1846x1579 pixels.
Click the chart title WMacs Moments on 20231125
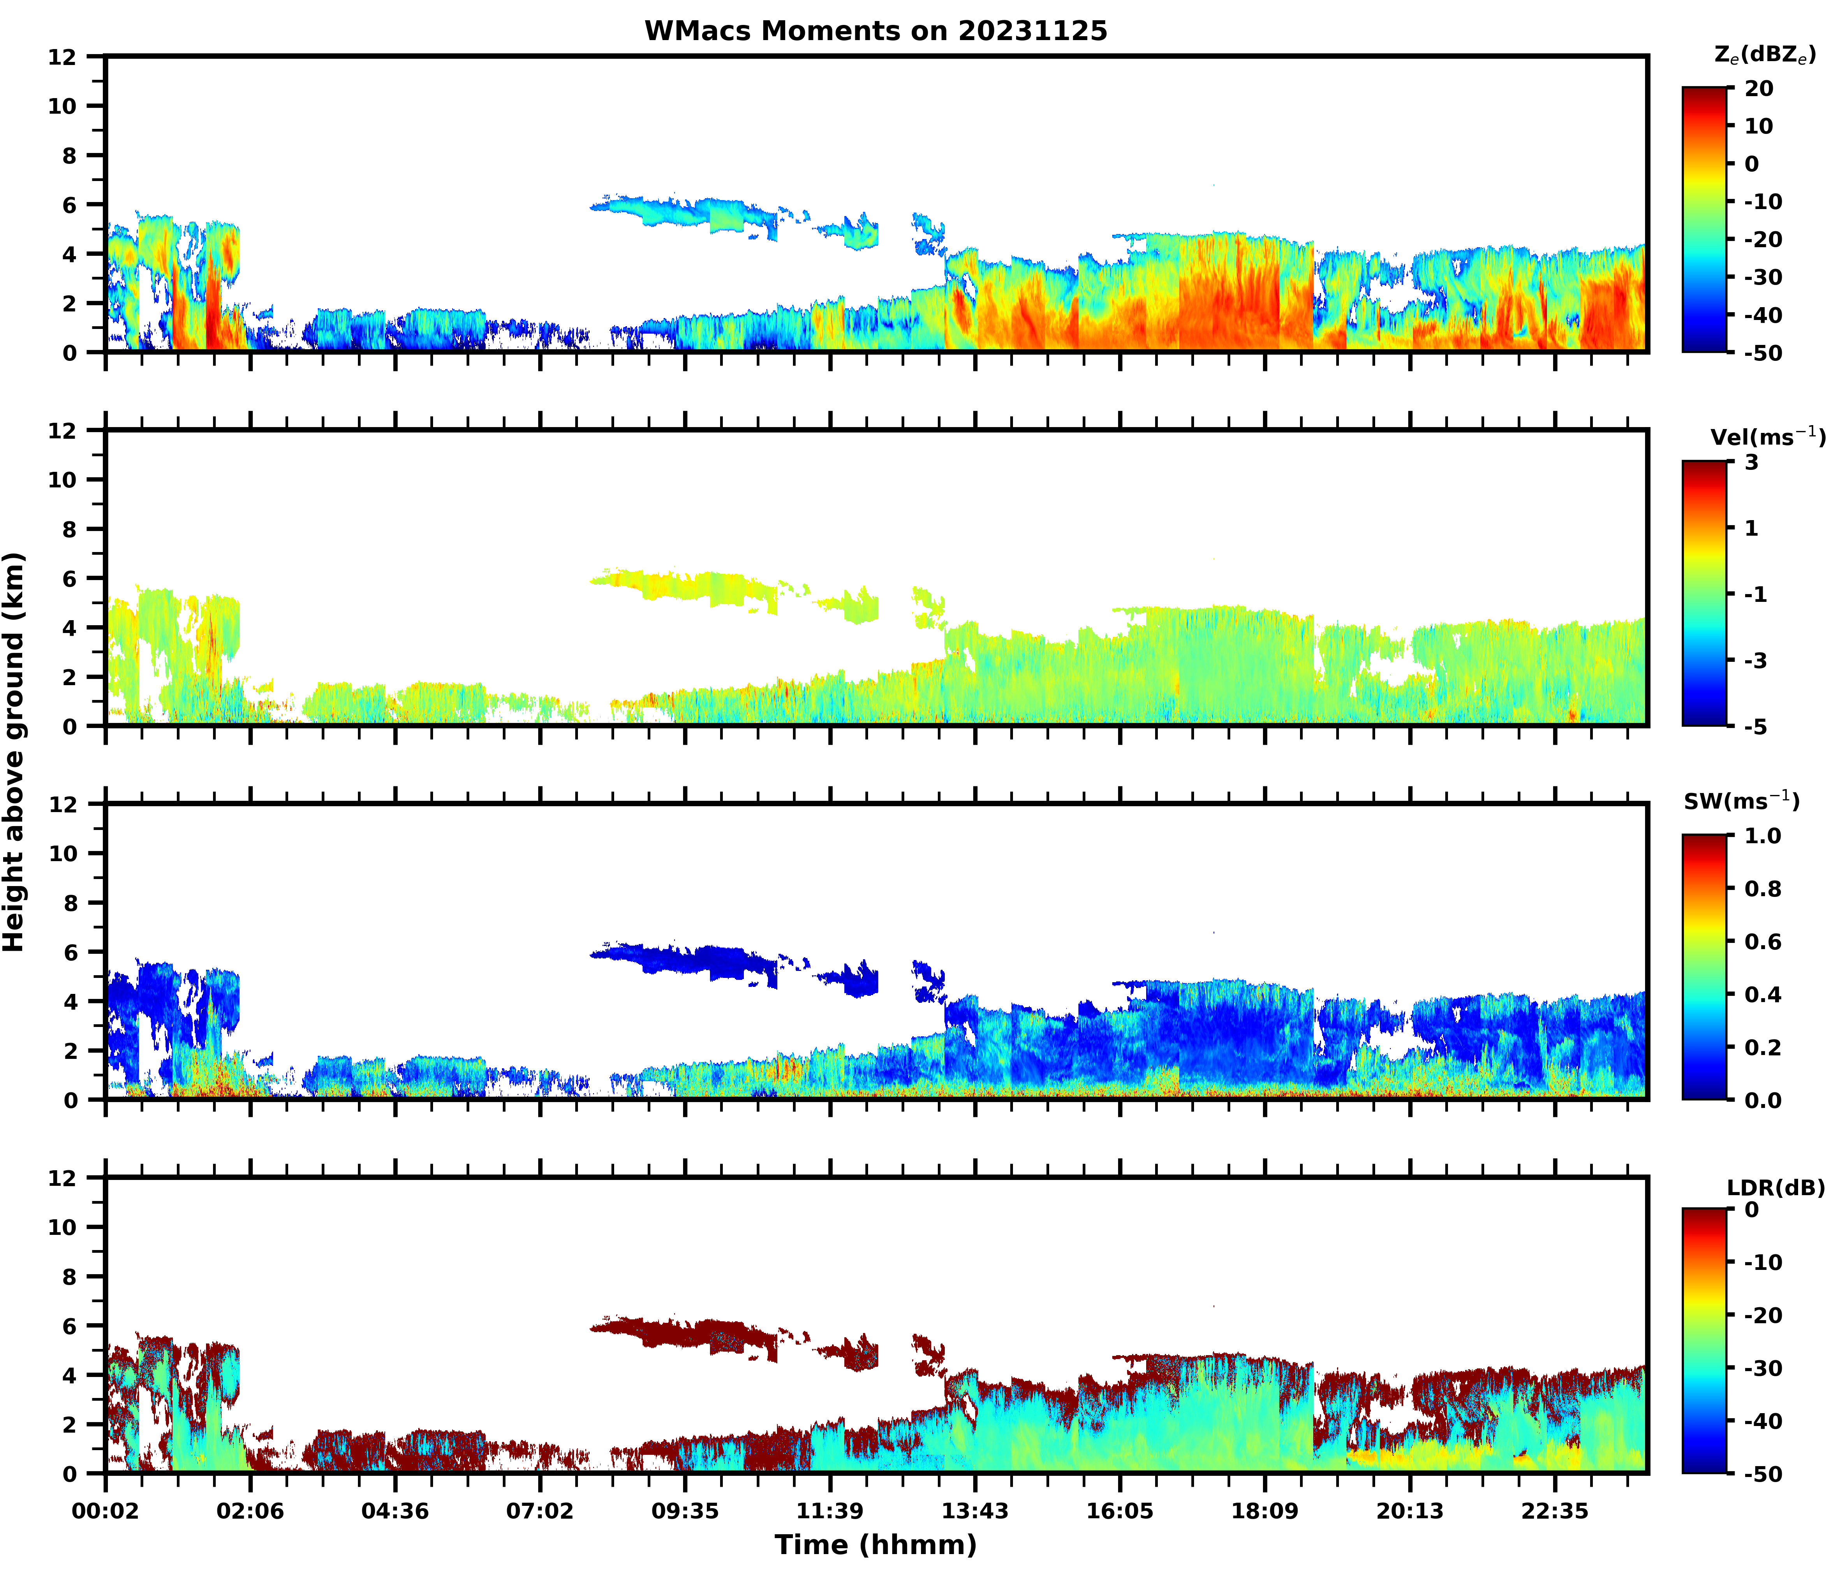point(876,31)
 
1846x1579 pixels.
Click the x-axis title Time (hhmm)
point(876,1544)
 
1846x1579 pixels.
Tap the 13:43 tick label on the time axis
point(976,1511)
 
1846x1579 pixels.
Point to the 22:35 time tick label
point(1555,1511)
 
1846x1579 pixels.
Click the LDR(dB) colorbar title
point(1776,1188)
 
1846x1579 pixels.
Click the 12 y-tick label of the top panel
point(63,57)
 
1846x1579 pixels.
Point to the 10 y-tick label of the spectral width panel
point(63,853)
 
